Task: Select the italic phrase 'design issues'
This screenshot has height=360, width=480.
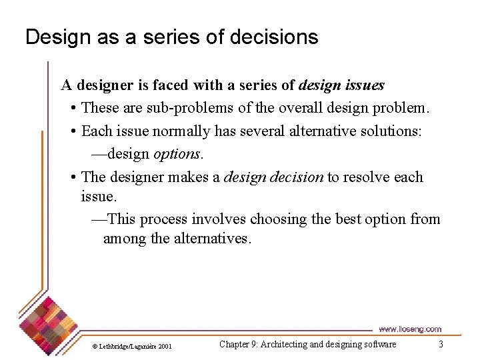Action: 341,85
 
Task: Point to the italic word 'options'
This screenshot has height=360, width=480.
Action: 177,153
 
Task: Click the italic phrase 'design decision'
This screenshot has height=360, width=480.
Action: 273,177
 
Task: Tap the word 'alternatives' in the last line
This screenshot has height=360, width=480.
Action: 211,238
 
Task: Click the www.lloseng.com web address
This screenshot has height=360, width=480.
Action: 409,329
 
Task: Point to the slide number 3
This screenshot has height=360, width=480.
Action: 441,344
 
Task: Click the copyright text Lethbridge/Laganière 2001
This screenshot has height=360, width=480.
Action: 132,346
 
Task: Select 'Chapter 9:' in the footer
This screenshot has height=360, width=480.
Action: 239,344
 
